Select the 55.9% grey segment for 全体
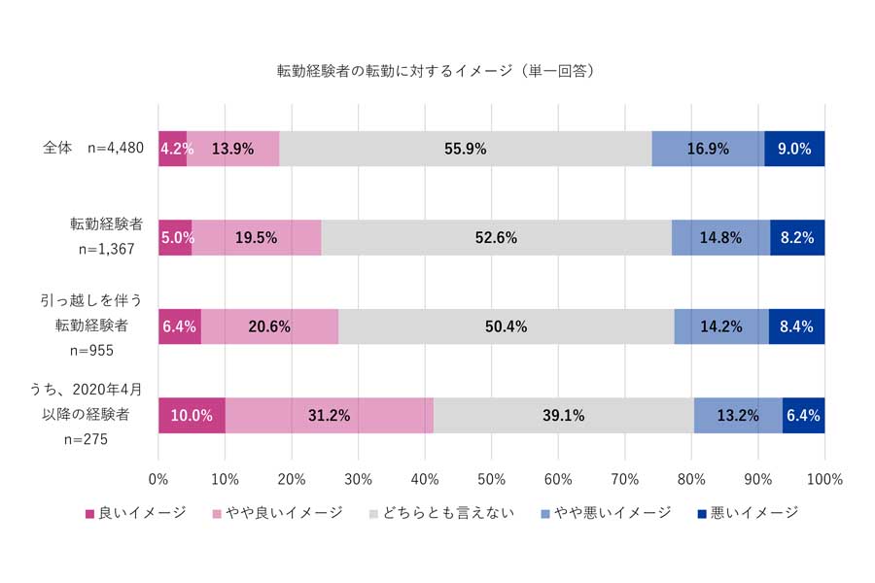coord(465,149)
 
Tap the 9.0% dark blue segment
coord(794,149)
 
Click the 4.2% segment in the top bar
coord(173,149)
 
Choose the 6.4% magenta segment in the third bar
coord(180,326)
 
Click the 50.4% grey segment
coord(506,326)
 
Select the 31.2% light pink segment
coord(330,416)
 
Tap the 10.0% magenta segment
coord(192,416)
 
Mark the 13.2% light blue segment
coord(738,416)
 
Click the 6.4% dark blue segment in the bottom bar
coord(803,416)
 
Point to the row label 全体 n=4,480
coord(93,149)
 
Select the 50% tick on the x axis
coord(492,480)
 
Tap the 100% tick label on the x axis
coord(823,480)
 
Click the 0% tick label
coord(158,480)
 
